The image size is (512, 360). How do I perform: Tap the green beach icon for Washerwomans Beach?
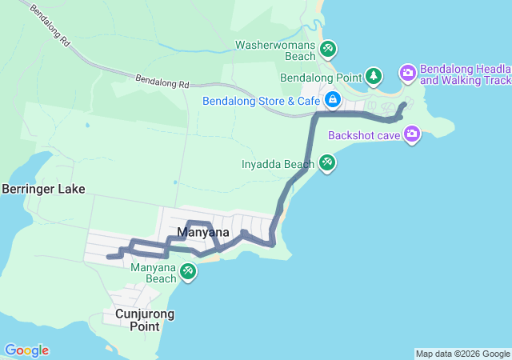click(x=327, y=50)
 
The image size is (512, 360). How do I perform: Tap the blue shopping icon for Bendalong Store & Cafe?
click(x=332, y=101)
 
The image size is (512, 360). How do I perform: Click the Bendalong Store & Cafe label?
click(x=261, y=102)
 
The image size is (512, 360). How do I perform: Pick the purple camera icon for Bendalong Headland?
click(x=408, y=74)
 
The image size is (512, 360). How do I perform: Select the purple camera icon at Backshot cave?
click(x=412, y=134)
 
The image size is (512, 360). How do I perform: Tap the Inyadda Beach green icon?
click(x=327, y=164)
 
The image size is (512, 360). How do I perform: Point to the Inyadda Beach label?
click(x=278, y=165)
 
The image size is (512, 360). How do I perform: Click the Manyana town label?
click(x=203, y=233)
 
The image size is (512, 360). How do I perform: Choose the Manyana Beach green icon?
click(x=188, y=272)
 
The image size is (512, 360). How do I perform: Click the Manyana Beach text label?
click(x=154, y=273)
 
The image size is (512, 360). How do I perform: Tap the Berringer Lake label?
click(x=43, y=190)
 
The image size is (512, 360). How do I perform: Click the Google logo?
click(x=26, y=350)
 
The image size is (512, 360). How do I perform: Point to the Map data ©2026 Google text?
click(x=462, y=354)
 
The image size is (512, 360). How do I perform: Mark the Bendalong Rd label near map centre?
click(x=162, y=82)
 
